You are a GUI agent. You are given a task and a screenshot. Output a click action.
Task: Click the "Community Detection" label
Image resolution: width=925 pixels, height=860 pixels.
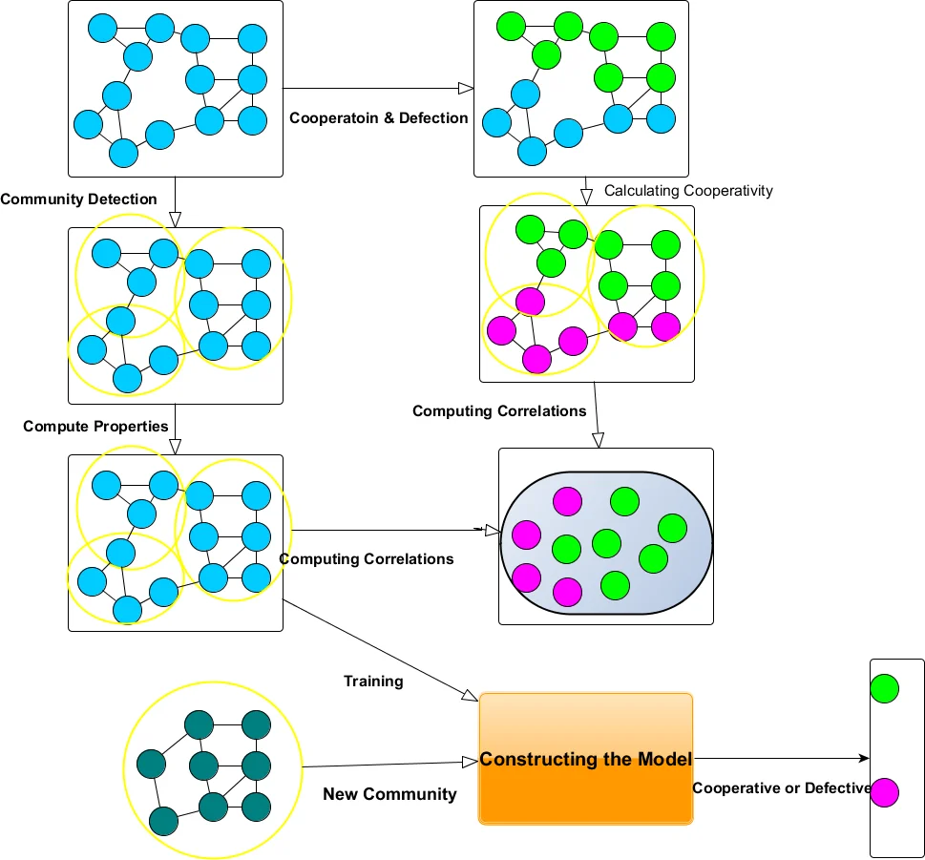pyautogui.click(x=78, y=199)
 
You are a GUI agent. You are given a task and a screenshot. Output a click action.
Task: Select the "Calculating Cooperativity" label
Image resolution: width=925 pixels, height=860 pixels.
pyautogui.click(x=688, y=191)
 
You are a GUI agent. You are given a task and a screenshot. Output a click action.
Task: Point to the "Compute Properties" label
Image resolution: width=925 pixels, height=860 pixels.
pyautogui.click(x=95, y=427)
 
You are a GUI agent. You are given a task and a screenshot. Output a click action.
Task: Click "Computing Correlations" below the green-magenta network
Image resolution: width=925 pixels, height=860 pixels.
pyautogui.click(x=499, y=411)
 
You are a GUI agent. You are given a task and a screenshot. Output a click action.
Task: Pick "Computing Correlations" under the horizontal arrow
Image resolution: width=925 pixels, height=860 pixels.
pyautogui.click(x=367, y=559)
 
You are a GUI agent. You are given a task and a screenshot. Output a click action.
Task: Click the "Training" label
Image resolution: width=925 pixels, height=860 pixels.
pyautogui.click(x=373, y=682)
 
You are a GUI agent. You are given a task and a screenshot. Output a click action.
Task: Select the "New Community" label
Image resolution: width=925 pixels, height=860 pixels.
pyautogui.click(x=389, y=794)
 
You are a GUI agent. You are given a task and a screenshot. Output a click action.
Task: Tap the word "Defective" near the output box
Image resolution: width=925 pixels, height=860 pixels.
pyautogui.click(x=836, y=788)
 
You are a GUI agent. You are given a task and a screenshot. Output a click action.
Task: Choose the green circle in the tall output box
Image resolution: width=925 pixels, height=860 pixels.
pyautogui.click(x=884, y=687)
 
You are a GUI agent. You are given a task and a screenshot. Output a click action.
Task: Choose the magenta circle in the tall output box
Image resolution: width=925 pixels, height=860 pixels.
pyautogui.click(x=884, y=792)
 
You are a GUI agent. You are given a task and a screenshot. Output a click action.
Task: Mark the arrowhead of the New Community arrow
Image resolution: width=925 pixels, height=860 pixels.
pyautogui.click(x=469, y=762)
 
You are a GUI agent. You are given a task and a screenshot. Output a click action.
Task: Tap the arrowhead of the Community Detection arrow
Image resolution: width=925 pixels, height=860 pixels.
pyautogui.click(x=175, y=219)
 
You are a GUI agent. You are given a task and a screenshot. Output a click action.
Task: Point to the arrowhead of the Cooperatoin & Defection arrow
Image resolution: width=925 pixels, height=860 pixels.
pyautogui.click(x=466, y=89)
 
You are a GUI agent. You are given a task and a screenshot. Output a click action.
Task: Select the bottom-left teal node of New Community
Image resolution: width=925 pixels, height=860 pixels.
pyautogui.click(x=164, y=820)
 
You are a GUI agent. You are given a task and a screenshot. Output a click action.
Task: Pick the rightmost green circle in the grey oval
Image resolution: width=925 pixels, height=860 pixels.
pyautogui.click(x=672, y=528)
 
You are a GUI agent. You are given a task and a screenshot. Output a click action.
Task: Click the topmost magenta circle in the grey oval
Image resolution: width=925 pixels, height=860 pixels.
pyautogui.click(x=567, y=501)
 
